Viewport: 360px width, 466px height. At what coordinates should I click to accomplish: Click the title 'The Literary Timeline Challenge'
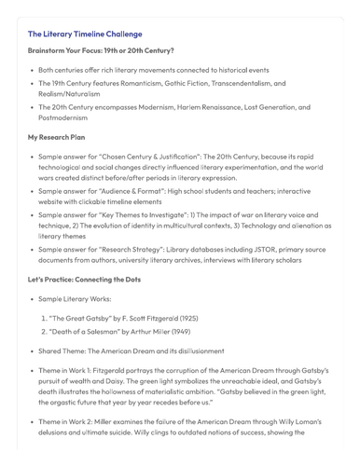tap(85, 34)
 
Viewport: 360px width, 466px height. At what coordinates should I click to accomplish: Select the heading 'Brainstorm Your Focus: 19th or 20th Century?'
tap(101, 51)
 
